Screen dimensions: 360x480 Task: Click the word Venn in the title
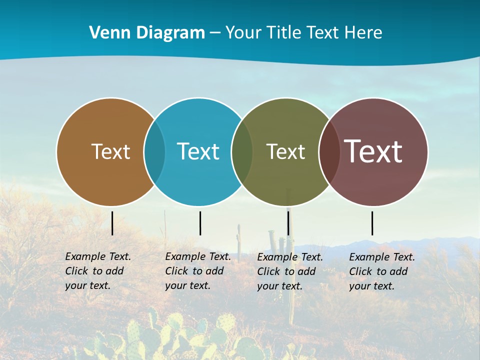coord(106,33)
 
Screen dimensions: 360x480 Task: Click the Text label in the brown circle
coord(110,151)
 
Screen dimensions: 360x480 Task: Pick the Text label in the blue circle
coord(198,151)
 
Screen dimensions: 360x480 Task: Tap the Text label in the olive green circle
coord(285,151)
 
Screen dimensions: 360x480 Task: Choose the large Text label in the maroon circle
coord(373,151)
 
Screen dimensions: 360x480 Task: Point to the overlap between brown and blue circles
coord(154,152)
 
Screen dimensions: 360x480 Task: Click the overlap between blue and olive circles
coord(242,152)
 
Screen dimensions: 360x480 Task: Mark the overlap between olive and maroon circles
coord(329,152)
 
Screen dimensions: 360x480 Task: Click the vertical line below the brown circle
coord(112,223)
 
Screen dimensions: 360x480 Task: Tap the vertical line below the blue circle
coord(200,223)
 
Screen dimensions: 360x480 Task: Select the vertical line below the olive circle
coord(288,223)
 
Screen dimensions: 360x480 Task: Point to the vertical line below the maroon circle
coord(372,223)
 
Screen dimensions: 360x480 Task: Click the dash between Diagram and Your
coord(215,33)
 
